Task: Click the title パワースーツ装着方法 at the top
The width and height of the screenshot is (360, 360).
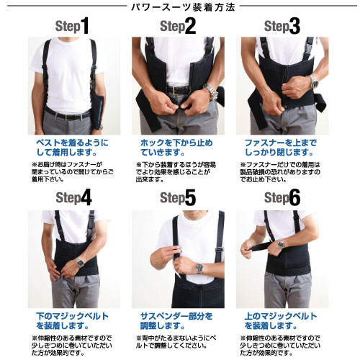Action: click(x=179, y=7)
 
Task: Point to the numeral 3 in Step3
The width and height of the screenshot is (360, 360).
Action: click(x=294, y=27)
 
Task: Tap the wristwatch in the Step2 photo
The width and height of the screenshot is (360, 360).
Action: click(x=210, y=91)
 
